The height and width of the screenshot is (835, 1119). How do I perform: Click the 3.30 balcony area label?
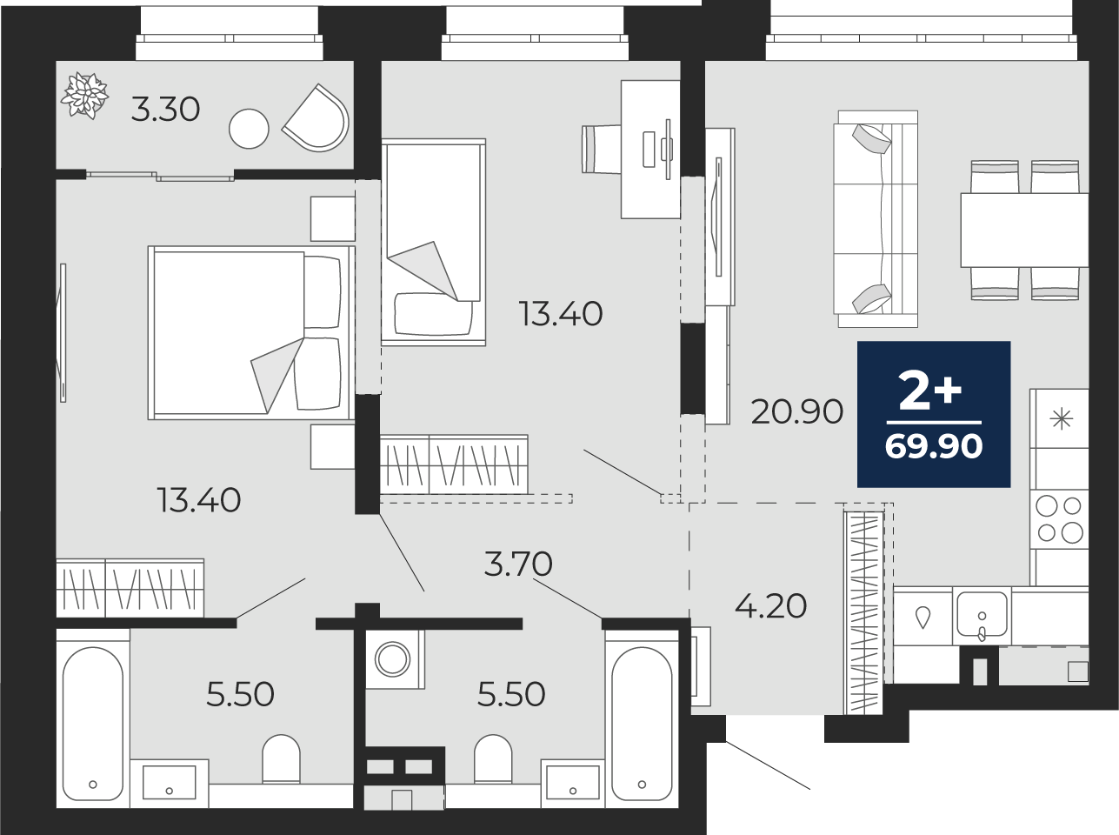click(165, 110)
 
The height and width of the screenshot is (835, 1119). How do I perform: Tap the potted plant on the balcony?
click(84, 96)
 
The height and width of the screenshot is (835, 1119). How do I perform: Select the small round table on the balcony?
click(249, 129)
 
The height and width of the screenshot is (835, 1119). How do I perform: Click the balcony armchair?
click(317, 118)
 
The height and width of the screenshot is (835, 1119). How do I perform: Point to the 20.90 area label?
click(796, 412)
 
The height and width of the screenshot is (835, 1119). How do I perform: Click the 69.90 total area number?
click(934, 446)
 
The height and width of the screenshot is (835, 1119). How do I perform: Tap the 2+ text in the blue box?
click(929, 391)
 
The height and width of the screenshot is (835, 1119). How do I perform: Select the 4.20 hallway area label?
click(770, 606)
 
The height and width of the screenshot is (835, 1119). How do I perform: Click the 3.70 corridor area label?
click(518, 564)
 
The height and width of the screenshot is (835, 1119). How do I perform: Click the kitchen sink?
click(982, 616)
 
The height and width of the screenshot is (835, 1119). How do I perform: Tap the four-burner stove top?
click(1059, 519)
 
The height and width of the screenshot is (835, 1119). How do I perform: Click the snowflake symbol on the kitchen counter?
click(1062, 419)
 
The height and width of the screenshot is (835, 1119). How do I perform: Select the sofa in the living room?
click(876, 218)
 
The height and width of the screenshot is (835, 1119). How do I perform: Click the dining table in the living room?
click(1025, 230)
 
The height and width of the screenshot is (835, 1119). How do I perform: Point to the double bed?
click(251, 333)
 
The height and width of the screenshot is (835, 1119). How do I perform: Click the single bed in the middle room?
click(433, 242)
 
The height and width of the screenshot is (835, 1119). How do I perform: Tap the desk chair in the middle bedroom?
click(602, 150)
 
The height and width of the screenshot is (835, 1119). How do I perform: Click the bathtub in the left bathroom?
click(93, 718)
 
